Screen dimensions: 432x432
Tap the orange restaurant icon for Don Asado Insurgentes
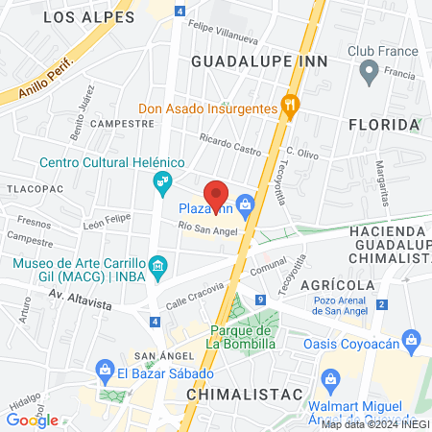point(285,108)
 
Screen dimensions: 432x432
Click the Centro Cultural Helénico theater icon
point(163,180)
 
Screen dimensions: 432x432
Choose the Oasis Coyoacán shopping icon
point(412,339)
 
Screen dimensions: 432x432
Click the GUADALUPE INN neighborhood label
point(259,60)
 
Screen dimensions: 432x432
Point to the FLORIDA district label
point(384,125)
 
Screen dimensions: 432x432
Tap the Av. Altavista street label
point(81,304)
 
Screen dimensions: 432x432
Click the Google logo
point(32,420)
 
